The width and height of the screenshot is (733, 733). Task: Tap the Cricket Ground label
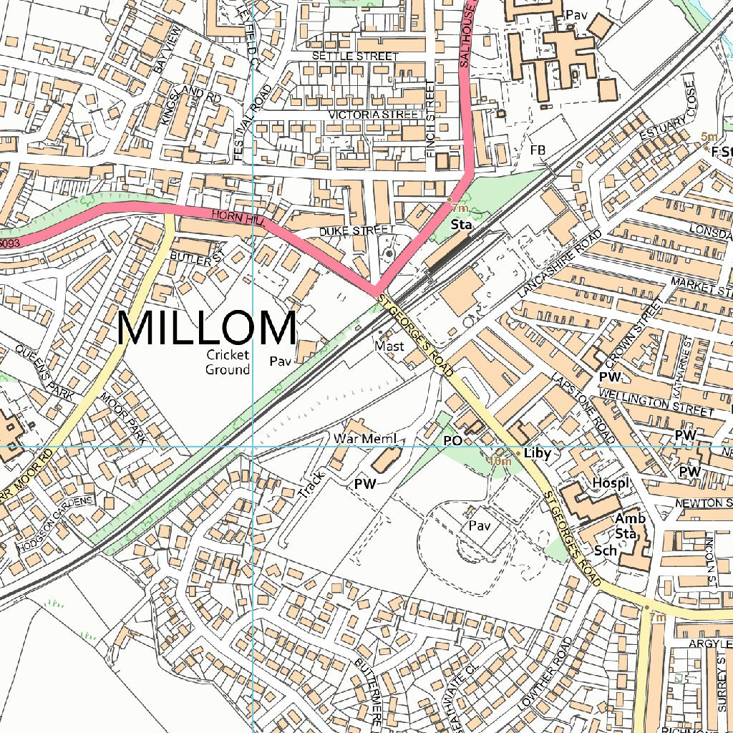tap(228, 362)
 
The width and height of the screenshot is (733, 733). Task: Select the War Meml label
tap(364, 438)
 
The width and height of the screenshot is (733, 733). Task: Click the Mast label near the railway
tap(389, 346)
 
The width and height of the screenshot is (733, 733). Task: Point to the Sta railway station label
tap(462, 225)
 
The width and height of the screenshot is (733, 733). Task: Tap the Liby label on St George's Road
tap(537, 454)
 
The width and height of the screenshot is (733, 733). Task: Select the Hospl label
tap(611, 484)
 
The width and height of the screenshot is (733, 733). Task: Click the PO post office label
tap(452, 441)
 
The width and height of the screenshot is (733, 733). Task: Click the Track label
tap(312, 485)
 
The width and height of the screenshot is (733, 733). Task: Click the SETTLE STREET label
tap(355, 56)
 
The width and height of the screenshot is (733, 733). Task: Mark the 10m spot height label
tap(500, 462)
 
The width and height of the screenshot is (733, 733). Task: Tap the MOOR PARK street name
tap(123, 419)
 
